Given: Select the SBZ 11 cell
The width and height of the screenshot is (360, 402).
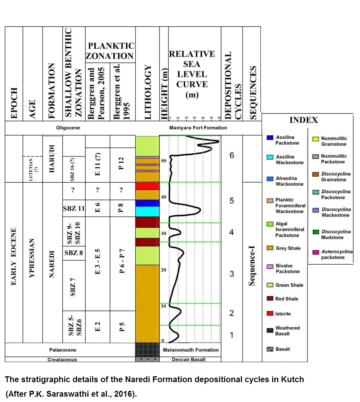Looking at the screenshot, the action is pos(74,208).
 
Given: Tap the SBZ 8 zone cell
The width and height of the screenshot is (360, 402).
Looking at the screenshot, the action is pos(74,253).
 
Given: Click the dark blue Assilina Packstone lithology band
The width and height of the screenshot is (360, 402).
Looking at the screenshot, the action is pos(147,203).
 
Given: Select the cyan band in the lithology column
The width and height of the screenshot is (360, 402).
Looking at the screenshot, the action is pos(147,211).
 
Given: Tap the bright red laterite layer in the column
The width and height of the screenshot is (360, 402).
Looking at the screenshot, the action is pos(147,186).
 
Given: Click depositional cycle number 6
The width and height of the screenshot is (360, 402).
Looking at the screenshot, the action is pos(232,155).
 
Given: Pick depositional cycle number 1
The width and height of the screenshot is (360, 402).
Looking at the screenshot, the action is pos(231,335).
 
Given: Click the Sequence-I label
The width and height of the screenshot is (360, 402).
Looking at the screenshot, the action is pos(252,266).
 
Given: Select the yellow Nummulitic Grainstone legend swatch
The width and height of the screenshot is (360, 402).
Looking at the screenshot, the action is pos(315,139).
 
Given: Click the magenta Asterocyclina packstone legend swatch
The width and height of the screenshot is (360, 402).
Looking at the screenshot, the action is pos(315,252).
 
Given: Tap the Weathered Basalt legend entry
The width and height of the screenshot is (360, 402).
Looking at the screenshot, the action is pos(287,331).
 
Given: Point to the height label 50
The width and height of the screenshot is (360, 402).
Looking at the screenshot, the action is pos(164,161).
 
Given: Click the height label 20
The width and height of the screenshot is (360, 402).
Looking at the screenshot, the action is pos(164,270).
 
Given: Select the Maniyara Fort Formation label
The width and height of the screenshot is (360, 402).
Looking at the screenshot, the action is pos(198,128).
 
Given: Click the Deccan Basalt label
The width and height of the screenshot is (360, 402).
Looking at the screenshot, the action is pos(189,360).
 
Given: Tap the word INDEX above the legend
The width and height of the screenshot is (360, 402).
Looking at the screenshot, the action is pos(304,120).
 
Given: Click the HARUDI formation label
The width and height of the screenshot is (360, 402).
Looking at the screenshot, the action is pos(52,159).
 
